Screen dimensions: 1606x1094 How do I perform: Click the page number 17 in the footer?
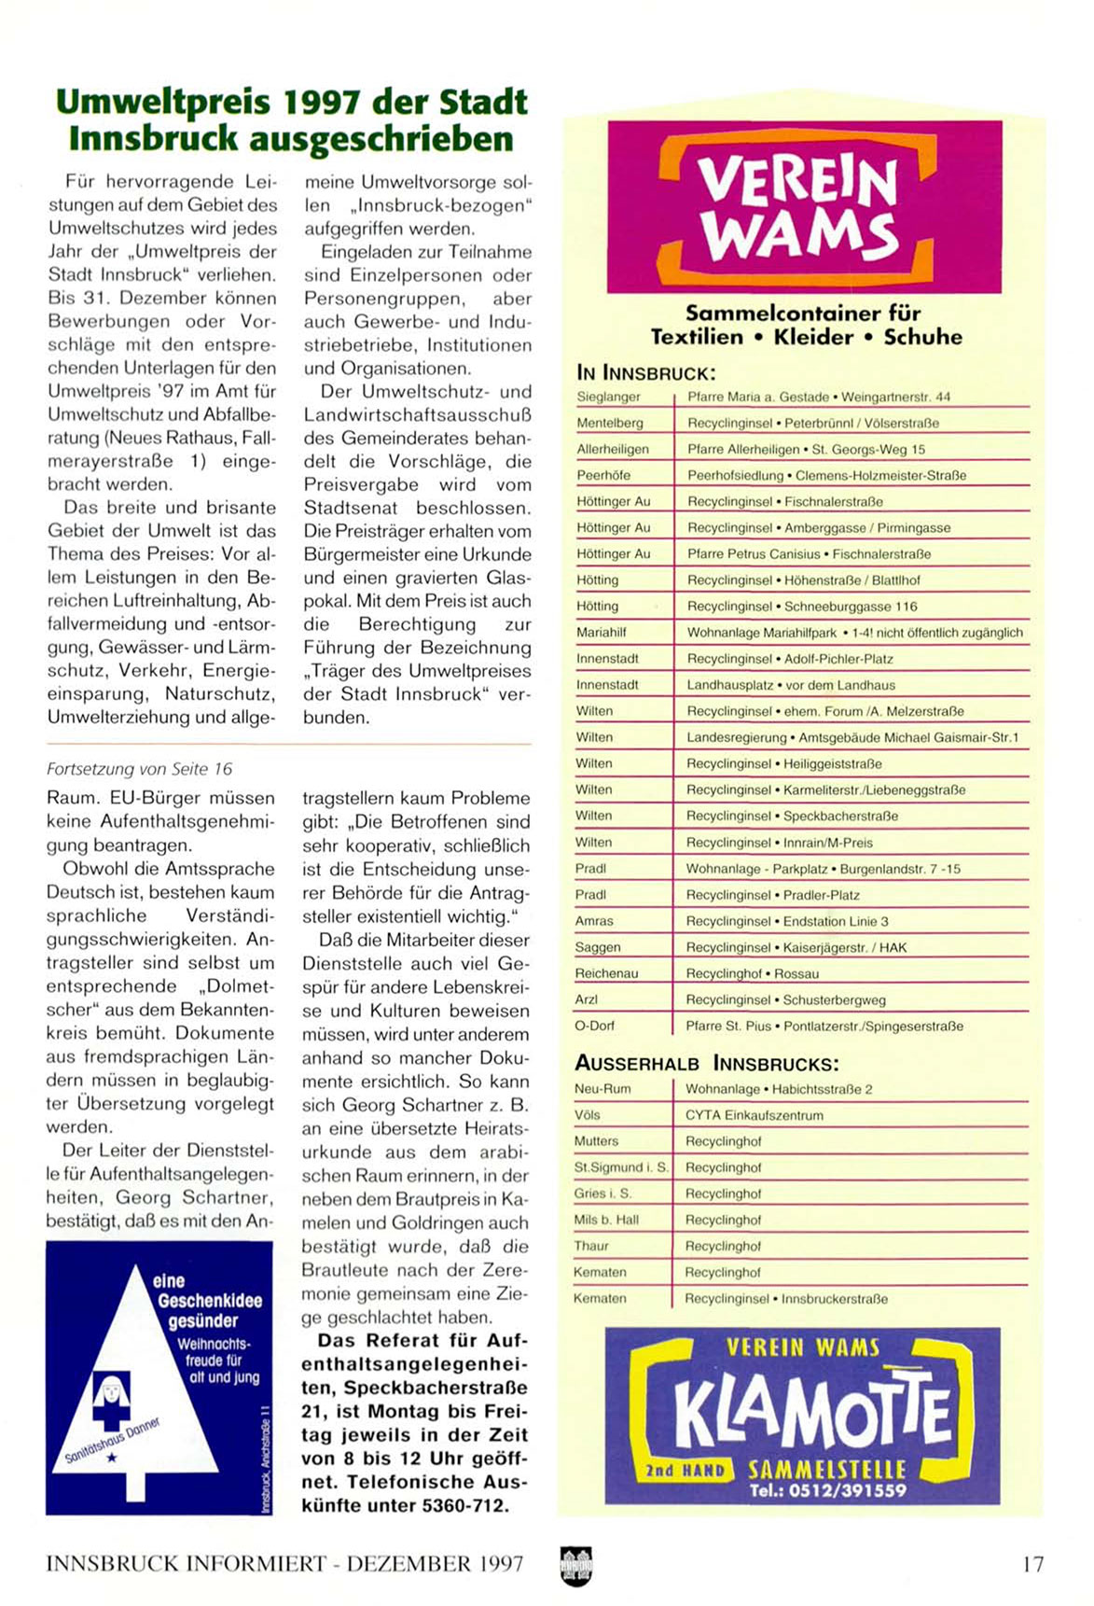(x=1032, y=1564)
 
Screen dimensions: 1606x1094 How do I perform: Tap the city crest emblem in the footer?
(x=575, y=1564)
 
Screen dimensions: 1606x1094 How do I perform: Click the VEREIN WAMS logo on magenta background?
(x=804, y=207)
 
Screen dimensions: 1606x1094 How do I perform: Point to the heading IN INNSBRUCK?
(x=646, y=373)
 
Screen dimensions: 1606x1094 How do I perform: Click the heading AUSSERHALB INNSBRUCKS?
(x=706, y=1063)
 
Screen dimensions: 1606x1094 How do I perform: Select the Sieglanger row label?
(x=608, y=397)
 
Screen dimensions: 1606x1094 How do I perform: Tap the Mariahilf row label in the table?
(x=602, y=633)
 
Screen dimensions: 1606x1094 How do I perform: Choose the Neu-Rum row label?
(x=602, y=1089)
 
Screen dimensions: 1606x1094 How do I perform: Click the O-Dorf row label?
(x=594, y=1026)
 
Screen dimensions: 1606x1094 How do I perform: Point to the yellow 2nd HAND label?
(x=685, y=1471)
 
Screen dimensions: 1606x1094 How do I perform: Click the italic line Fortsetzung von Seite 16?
(x=140, y=769)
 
